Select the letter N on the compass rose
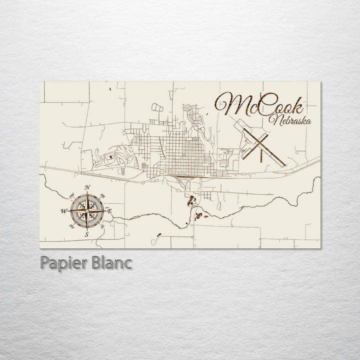point(88,188)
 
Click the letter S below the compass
point(86,233)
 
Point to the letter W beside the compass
point(64,211)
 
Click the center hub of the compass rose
point(87,210)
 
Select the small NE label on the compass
point(102,195)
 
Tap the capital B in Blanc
point(94,263)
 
